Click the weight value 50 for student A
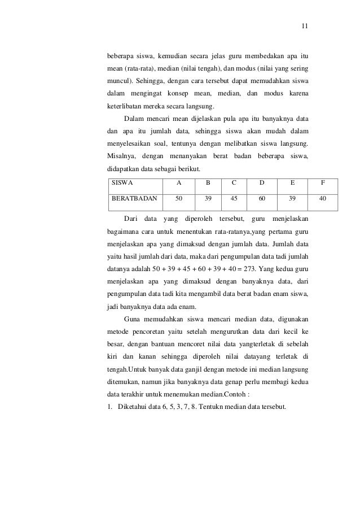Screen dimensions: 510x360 [179, 199]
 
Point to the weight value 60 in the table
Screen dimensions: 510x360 [261, 199]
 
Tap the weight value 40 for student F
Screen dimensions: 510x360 [322, 199]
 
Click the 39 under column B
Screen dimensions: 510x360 [208, 199]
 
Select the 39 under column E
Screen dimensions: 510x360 [292, 199]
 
